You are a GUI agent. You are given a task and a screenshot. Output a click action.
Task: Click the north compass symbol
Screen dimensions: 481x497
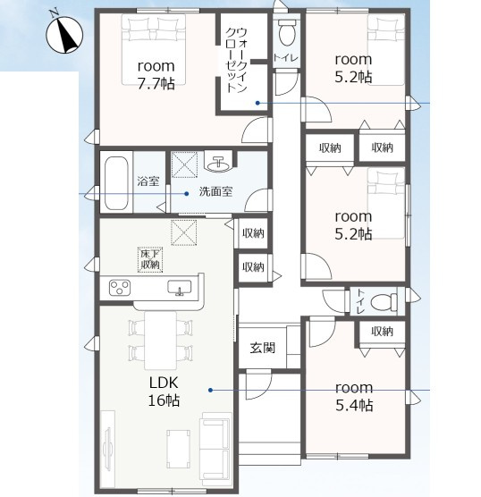(64, 35)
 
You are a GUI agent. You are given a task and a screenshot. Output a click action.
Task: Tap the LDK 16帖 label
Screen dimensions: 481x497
(164, 392)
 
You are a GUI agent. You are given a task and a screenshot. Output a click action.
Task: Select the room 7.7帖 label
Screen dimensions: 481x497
(156, 75)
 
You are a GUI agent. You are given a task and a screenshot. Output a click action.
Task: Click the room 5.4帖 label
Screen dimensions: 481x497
(354, 397)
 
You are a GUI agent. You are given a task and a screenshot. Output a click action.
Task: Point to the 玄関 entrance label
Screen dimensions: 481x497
(263, 348)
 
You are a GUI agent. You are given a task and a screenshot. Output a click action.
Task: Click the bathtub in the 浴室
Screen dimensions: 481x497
(116, 182)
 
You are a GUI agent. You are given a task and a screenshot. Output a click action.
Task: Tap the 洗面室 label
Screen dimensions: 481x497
(215, 191)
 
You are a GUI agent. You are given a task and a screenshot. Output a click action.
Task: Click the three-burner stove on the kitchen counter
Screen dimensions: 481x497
(120, 288)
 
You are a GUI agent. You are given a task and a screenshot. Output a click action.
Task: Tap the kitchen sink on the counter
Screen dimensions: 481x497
(180, 288)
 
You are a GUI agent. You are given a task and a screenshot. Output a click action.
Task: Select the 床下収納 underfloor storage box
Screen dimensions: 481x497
(150, 259)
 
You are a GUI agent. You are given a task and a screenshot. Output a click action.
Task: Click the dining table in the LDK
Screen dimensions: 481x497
(160, 341)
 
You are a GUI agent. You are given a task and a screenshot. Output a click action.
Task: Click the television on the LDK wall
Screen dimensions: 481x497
(107, 448)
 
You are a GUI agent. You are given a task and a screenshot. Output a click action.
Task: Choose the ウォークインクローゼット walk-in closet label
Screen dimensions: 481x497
(237, 60)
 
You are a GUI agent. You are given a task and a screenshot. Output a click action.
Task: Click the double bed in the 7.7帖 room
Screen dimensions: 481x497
(154, 50)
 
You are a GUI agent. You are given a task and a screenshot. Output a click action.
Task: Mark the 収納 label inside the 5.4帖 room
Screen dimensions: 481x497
(383, 332)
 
